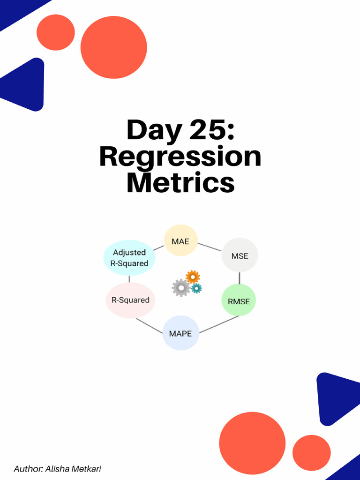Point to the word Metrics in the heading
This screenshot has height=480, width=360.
[180, 182]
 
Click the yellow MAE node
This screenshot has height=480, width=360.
[180, 241]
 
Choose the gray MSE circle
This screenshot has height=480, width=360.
[240, 255]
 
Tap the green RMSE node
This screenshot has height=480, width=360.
[239, 301]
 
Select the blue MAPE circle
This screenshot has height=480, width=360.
[180, 333]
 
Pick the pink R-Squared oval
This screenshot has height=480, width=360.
[130, 300]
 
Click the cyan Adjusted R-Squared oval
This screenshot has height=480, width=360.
[129, 258]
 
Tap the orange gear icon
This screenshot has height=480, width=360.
[193, 277]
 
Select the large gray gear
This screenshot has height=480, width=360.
[180, 287]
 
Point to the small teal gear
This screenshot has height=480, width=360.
[196, 288]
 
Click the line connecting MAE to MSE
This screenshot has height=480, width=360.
[209, 247]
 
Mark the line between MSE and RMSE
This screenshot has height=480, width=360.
[240, 278]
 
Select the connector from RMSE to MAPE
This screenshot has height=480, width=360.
[219, 324]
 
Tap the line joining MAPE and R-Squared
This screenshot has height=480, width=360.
[149, 325]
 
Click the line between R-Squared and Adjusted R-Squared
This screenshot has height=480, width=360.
[129, 279]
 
